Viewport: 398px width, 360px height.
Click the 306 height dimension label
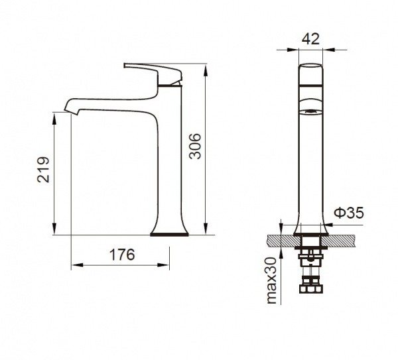pos(195,146)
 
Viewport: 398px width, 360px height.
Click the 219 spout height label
pos(43,170)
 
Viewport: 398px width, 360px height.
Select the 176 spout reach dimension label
pos(122,255)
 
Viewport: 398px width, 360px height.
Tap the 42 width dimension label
pos(310,39)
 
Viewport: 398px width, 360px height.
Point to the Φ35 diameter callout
pos(349,213)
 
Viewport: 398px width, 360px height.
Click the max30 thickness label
pos(271,280)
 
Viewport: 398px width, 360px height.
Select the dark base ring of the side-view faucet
pos(169,234)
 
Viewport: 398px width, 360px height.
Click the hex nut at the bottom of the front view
pos(311,289)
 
